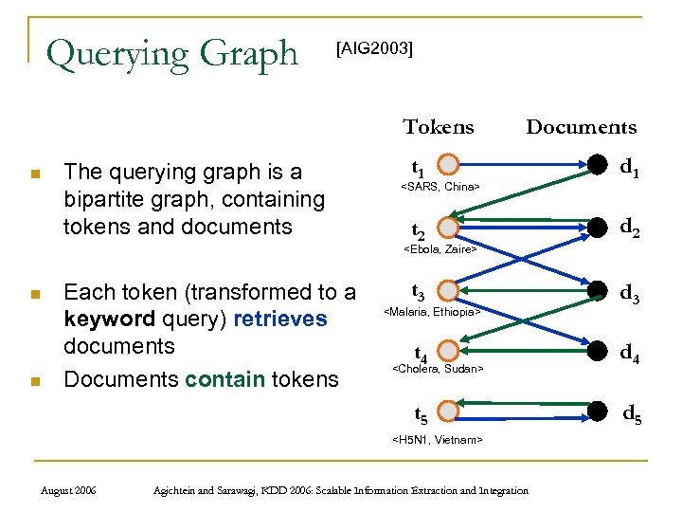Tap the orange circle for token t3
click(x=449, y=291)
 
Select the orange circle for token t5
click(x=449, y=411)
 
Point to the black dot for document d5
click(x=598, y=411)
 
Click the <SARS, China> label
click(x=440, y=187)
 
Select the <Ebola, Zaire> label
click(x=440, y=249)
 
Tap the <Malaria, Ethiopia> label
click(x=431, y=311)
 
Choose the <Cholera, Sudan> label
click(x=438, y=368)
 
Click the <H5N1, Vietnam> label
click(x=438, y=439)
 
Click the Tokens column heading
click(x=438, y=127)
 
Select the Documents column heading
click(x=581, y=127)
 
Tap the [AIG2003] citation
click(x=375, y=48)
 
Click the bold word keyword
click(x=103, y=319)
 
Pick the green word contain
click(x=221, y=379)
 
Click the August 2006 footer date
click(x=72, y=490)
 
